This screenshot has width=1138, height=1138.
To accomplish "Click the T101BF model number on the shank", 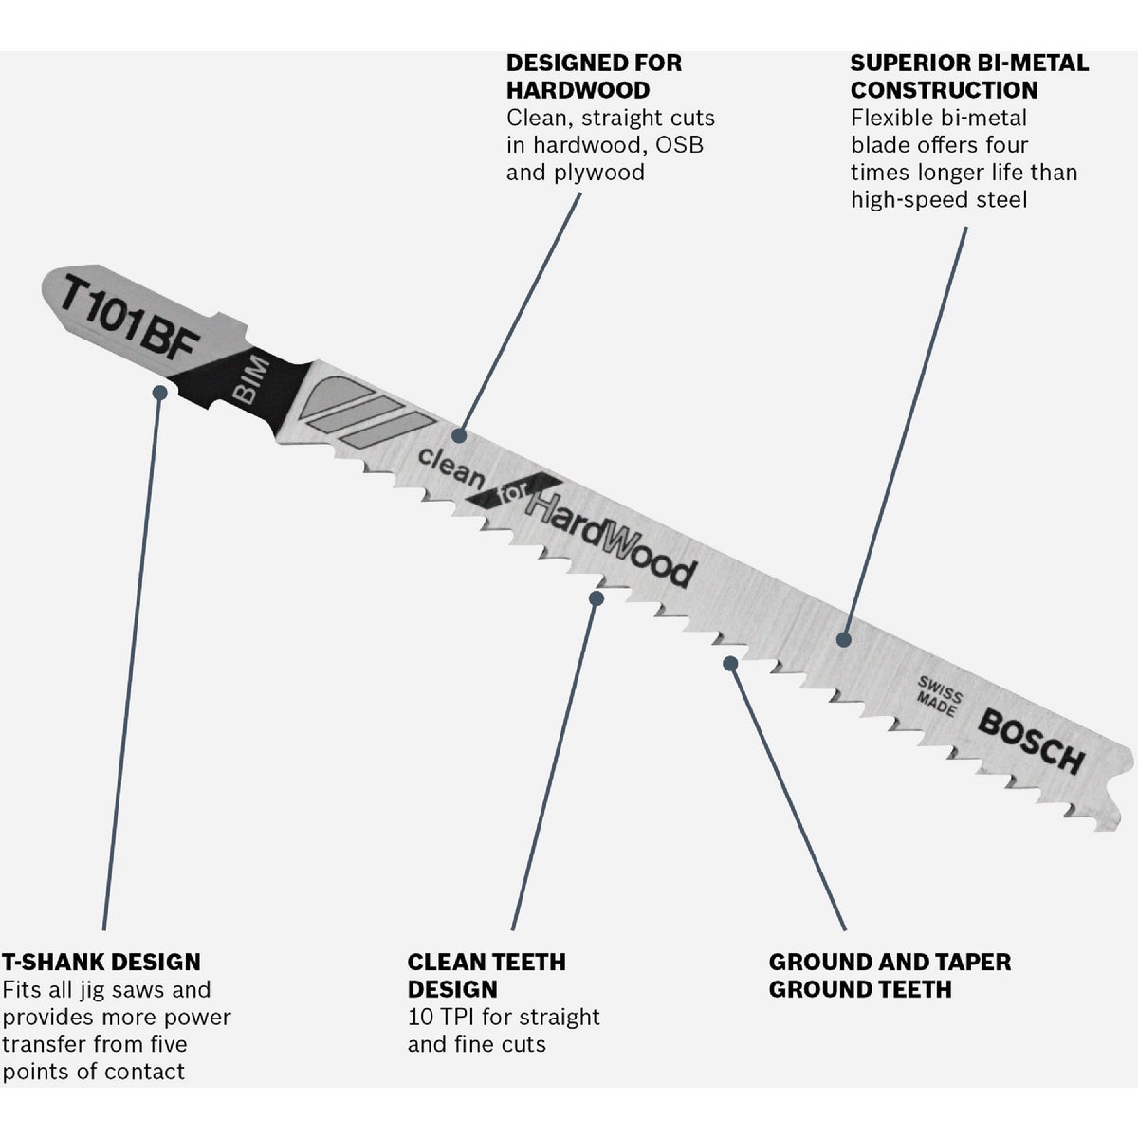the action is [x=129, y=316].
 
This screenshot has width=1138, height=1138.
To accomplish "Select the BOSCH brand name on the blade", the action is [x=1031, y=742].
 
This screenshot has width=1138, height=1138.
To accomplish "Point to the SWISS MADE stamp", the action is [x=939, y=697].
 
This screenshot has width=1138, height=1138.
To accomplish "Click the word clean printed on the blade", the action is [x=450, y=467].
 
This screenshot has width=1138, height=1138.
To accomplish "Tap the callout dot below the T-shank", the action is [x=160, y=392].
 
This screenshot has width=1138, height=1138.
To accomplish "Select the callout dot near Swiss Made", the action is [x=844, y=639].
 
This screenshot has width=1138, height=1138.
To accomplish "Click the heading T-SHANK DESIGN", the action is [x=101, y=962].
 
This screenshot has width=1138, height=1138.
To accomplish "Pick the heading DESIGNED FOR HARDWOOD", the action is [x=594, y=76].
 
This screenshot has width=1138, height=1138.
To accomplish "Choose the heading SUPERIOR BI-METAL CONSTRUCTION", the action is [x=969, y=76].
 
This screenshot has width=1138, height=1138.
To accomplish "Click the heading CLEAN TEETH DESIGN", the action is [x=486, y=976].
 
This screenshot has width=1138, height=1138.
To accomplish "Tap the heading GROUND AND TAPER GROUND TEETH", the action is [x=890, y=976].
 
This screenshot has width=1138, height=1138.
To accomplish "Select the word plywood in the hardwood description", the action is [x=598, y=173].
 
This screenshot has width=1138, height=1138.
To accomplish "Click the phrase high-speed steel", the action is [x=939, y=199].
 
